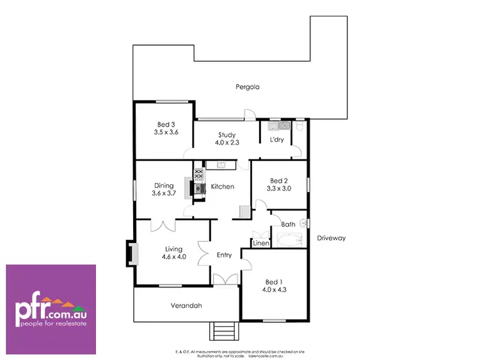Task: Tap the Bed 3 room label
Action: pyautogui.click(x=165, y=125)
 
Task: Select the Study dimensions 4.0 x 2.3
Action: pyautogui.click(x=227, y=143)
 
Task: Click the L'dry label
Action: pyautogui.click(x=276, y=139)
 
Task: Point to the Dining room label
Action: pyautogui.click(x=163, y=185)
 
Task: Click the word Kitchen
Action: pyautogui.click(x=222, y=187)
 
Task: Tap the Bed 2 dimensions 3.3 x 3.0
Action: pyautogui.click(x=279, y=189)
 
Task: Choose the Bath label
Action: pyautogui.click(x=288, y=224)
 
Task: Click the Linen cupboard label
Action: pyautogui.click(x=260, y=244)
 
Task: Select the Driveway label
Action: pyautogui.click(x=331, y=238)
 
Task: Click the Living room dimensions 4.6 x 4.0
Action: pyautogui.click(x=173, y=257)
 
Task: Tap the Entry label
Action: pyautogui.click(x=224, y=255)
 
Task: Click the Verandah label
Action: pyautogui.click(x=186, y=306)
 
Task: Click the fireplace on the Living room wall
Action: pyautogui.click(x=131, y=253)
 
